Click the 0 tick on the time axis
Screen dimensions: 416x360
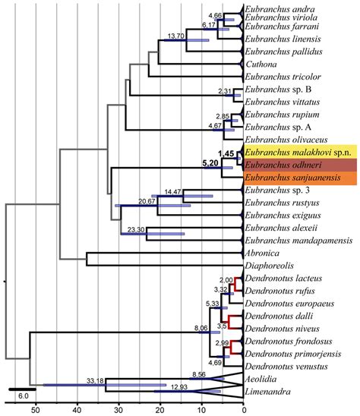tap(243, 408)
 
